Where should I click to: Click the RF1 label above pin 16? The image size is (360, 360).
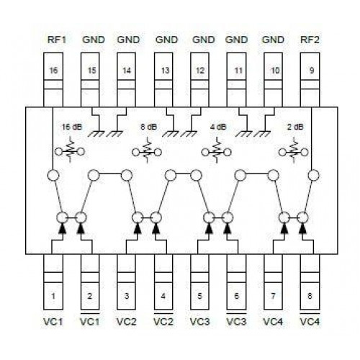point(57,40)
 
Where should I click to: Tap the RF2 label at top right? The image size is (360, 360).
point(310,40)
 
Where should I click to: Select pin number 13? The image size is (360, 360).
point(165,71)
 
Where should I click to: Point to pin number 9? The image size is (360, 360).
point(312,71)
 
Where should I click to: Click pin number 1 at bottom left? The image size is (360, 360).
point(53,296)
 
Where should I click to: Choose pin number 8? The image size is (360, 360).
point(310,296)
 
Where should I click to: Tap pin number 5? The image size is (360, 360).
point(199,296)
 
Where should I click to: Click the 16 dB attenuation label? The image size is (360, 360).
point(72,127)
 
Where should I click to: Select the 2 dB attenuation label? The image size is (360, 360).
point(295,127)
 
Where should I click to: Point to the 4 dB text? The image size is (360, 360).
point(218,127)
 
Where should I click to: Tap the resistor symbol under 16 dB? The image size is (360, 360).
point(70,151)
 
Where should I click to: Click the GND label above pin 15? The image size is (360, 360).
point(94,40)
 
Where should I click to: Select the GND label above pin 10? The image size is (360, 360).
point(273,40)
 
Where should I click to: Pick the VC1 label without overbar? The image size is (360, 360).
point(53,322)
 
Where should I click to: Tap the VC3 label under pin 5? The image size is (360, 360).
point(199,322)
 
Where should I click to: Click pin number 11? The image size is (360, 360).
point(238,71)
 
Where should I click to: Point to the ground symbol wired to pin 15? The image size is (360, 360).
point(96,134)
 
